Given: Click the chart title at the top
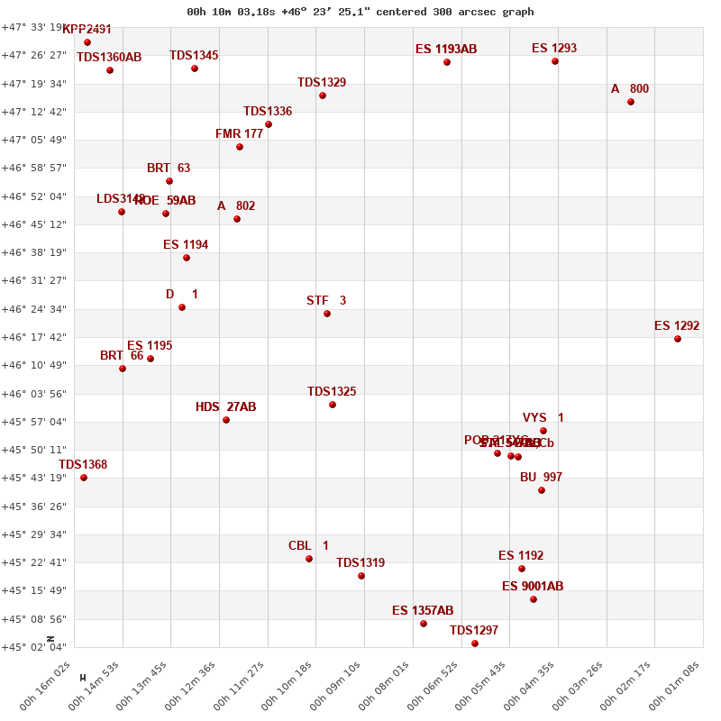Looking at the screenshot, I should [360, 12].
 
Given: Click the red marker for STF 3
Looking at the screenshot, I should [327, 314].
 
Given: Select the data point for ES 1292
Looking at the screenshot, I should [678, 339].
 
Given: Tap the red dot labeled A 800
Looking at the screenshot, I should [631, 102].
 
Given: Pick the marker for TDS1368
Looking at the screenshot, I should [84, 478].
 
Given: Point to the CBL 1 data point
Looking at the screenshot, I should [309, 559].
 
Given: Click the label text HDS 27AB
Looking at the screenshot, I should [225, 407].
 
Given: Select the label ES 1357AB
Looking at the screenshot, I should [423, 611].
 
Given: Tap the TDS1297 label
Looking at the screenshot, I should [474, 631].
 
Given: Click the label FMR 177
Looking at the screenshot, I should [239, 134].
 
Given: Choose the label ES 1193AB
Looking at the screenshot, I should [446, 50].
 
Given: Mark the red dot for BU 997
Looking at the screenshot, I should [542, 490].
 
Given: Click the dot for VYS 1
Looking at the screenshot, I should [543, 431].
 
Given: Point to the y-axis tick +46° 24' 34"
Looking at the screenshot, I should [33, 309].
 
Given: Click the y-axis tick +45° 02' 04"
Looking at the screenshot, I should [33, 647].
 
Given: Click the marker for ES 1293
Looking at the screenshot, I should [555, 61].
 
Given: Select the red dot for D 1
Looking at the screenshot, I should [182, 307].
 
